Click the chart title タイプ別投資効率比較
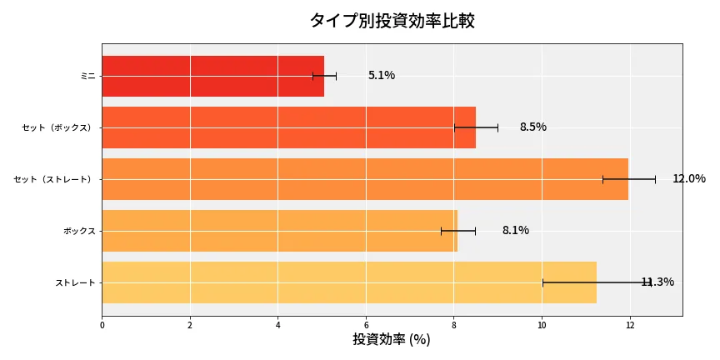tap(392, 21)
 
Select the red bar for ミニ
tap(212, 76)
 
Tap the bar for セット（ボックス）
tap(288, 127)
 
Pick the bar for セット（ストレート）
tap(365, 179)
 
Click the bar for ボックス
tap(279, 231)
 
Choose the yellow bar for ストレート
tap(349, 282)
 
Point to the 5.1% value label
tap(382, 76)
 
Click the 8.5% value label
tap(532, 127)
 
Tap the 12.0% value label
tap(688, 179)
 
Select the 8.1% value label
tap(515, 231)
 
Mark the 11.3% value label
tap(657, 282)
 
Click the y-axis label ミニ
tap(87, 76)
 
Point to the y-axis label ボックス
tap(79, 231)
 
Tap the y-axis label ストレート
tap(75, 282)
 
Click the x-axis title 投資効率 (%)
tap(392, 340)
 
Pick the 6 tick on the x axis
tap(366, 324)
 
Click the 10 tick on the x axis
tap(542, 324)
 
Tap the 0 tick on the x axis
tap(102, 324)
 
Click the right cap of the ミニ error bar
tap(336, 76)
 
